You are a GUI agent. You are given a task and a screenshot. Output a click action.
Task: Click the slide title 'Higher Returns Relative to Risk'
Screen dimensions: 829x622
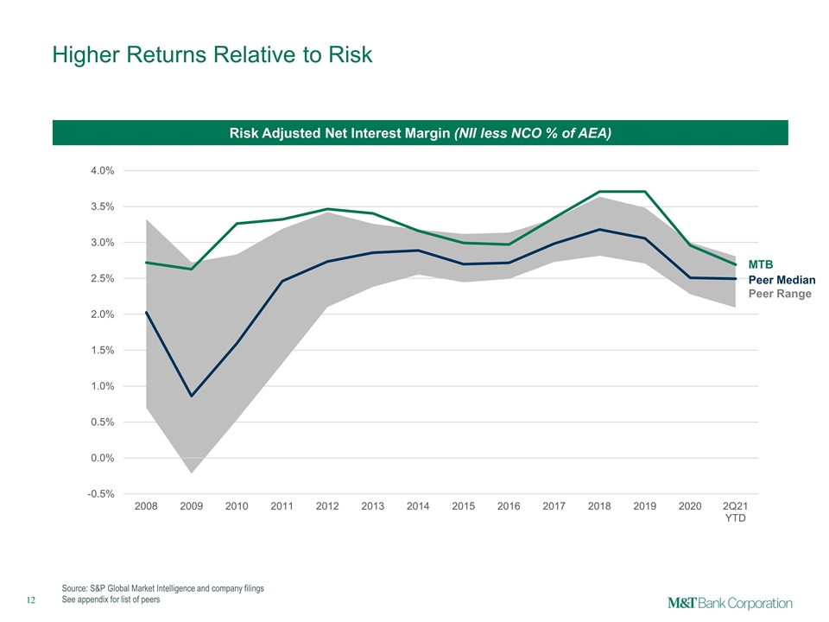click(212, 54)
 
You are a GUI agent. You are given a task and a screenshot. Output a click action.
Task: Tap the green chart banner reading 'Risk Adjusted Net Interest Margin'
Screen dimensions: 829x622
click(421, 133)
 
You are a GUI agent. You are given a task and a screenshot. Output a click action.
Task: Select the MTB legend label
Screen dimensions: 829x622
click(760, 264)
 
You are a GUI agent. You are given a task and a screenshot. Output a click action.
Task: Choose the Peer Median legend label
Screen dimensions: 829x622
click(782, 280)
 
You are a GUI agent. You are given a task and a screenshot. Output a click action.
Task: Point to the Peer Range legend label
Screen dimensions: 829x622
click(780, 294)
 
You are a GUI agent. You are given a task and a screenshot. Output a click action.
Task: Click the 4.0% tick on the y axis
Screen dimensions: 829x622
click(103, 170)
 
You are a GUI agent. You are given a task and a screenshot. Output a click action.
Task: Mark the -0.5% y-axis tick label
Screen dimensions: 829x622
click(101, 494)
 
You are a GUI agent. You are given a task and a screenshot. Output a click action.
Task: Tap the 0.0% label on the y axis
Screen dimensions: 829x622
click(103, 458)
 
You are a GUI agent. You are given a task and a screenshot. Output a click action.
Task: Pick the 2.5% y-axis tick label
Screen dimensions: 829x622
click(103, 278)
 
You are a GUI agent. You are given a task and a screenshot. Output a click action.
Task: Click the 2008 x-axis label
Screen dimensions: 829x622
click(146, 506)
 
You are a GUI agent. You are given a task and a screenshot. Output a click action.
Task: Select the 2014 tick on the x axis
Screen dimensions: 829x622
click(418, 506)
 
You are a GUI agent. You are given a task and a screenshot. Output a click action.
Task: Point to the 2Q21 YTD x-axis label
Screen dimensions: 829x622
click(736, 512)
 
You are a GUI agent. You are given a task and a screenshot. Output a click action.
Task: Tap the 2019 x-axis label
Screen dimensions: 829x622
click(644, 506)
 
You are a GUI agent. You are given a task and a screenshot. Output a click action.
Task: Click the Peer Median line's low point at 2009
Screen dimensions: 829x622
click(192, 397)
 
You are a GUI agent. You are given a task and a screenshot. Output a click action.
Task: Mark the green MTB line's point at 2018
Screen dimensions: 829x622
click(599, 191)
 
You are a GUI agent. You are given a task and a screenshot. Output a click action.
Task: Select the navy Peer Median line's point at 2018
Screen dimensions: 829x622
click(599, 230)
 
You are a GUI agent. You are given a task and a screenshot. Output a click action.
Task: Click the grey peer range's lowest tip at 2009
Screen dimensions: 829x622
click(192, 473)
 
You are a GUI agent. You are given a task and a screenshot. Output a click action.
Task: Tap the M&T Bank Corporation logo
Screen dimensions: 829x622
click(731, 604)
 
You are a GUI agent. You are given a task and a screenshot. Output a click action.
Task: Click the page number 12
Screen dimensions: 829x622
click(31, 600)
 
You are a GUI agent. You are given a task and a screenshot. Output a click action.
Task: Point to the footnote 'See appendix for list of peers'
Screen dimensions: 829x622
click(111, 600)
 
